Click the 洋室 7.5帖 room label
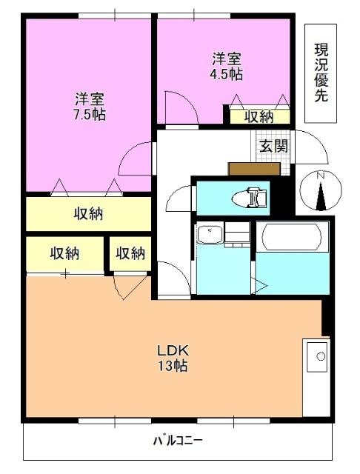(89, 107)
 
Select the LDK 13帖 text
(170, 358)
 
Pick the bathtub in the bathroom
(292, 238)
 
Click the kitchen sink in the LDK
(319, 357)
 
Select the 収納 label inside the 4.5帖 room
(259, 116)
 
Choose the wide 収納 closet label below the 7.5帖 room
(87, 214)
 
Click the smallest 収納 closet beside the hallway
(130, 253)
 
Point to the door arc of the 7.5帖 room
(136, 158)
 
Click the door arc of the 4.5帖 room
(181, 107)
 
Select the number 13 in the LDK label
(165, 367)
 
